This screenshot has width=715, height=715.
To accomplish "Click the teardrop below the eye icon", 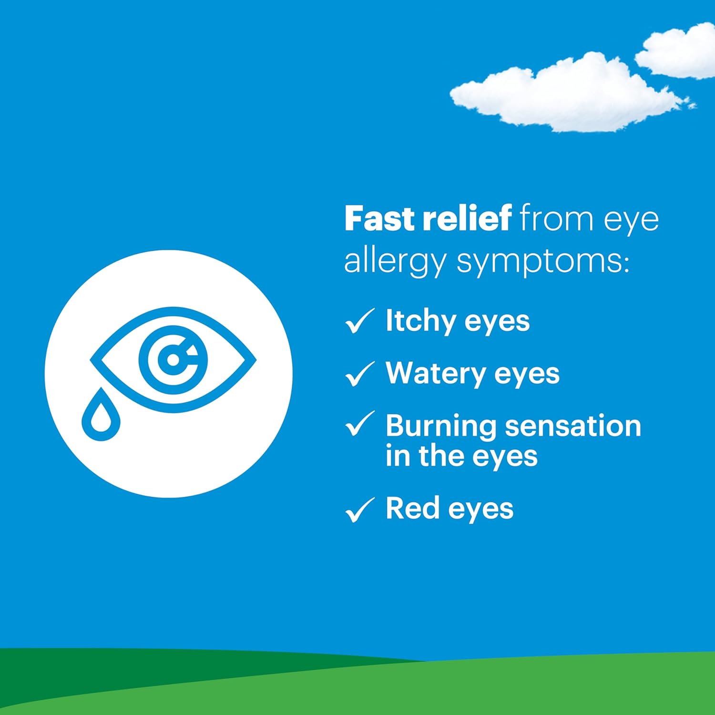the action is (101, 415).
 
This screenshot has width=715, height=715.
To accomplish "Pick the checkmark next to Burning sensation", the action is (359, 424).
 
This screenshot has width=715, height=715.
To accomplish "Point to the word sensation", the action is (573, 426).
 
